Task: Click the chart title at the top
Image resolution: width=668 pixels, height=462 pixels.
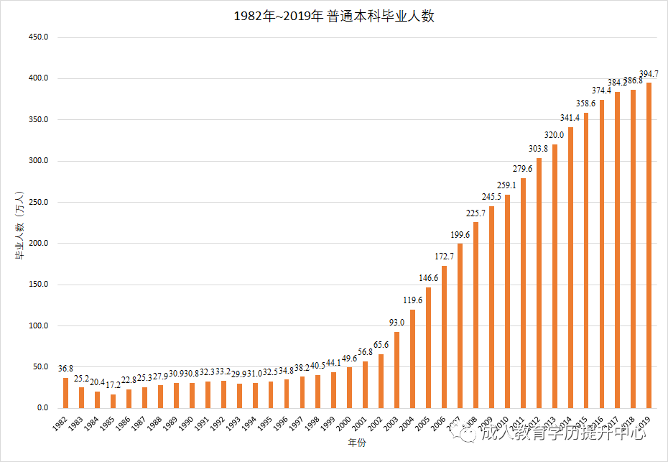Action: (334, 17)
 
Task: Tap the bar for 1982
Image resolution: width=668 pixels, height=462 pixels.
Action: (65, 393)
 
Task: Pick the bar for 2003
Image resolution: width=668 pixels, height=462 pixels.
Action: (397, 370)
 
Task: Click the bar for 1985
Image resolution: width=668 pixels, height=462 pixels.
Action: (113, 401)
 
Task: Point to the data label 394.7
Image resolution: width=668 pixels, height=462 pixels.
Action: (649, 74)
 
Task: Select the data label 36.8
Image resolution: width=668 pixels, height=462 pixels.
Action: (65, 369)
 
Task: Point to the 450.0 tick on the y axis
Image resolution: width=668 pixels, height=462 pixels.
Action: (37, 37)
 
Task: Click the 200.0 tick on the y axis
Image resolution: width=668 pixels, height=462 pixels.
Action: (37, 244)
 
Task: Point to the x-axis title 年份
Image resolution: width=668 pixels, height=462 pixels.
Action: (356, 443)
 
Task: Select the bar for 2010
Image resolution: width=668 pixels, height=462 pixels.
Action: (508, 302)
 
